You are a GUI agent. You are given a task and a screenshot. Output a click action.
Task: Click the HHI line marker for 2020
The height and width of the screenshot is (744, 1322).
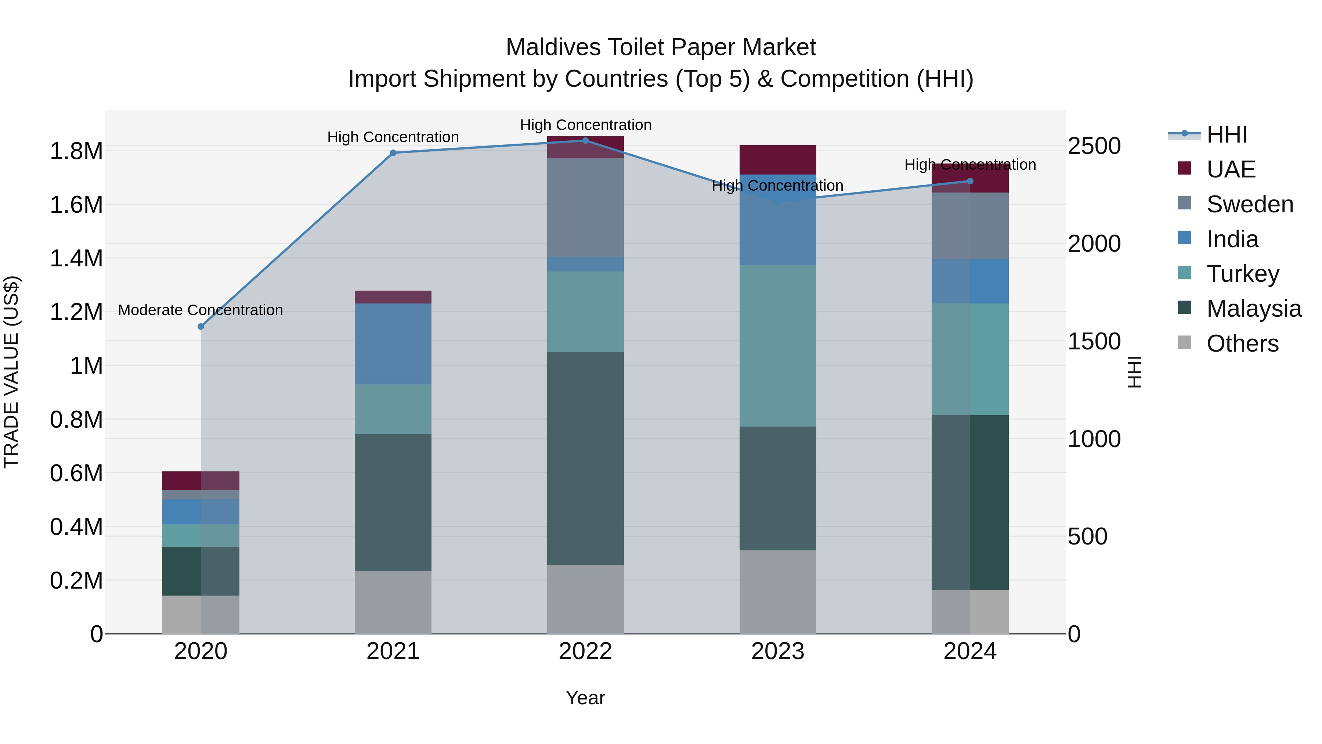201,327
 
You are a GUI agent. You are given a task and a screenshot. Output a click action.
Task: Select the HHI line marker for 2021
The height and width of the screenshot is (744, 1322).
393,152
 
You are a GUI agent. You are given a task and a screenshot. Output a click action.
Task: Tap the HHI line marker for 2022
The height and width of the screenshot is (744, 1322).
586,140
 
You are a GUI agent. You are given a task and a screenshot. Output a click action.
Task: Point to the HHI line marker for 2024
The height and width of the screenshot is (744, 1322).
970,181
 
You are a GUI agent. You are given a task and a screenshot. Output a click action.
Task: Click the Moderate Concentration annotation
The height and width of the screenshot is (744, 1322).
201,310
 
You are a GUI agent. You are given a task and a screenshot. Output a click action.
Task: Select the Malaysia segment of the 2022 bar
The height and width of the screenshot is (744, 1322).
586,458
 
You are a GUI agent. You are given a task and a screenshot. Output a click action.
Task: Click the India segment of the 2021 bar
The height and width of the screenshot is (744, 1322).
393,344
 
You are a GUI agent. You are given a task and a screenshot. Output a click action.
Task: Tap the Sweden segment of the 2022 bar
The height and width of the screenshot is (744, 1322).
586,208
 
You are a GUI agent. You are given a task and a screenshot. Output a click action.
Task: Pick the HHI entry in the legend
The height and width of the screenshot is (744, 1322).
1227,134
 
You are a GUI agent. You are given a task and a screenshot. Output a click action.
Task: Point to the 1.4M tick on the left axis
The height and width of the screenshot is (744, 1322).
76,258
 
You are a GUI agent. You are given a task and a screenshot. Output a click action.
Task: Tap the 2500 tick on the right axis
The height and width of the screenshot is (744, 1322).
1094,146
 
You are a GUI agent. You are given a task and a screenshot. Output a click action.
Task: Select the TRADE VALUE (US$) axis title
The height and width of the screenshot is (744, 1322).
11,372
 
